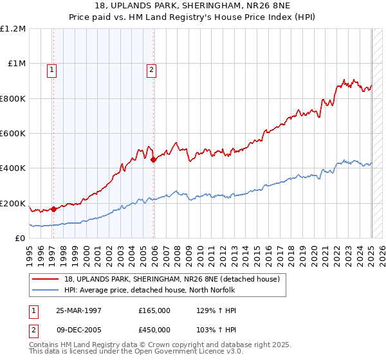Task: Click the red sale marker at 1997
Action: [53, 208]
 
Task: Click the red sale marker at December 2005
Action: [153, 160]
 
